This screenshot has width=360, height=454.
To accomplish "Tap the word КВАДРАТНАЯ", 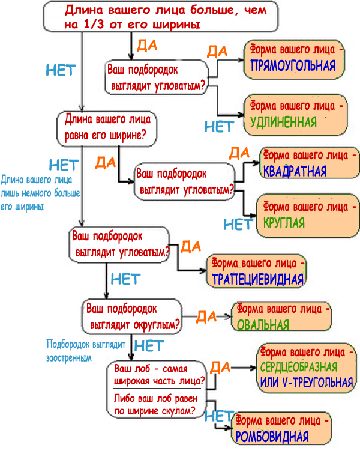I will [x=295, y=171].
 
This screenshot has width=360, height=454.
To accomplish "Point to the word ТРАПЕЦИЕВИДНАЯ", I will [x=258, y=279].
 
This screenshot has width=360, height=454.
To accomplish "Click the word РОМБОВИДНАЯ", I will [x=272, y=437].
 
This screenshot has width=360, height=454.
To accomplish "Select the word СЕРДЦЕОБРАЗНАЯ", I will [x=299, y=367].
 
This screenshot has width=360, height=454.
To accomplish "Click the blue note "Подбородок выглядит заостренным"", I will [x=85, y=351].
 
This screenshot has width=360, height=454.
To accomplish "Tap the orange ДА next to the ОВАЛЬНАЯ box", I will [x=206, y=316].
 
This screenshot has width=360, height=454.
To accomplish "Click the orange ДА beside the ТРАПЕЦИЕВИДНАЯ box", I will [x=190, y=246].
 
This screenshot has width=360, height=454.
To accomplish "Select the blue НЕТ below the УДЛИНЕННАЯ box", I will [x=219, y=127].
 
